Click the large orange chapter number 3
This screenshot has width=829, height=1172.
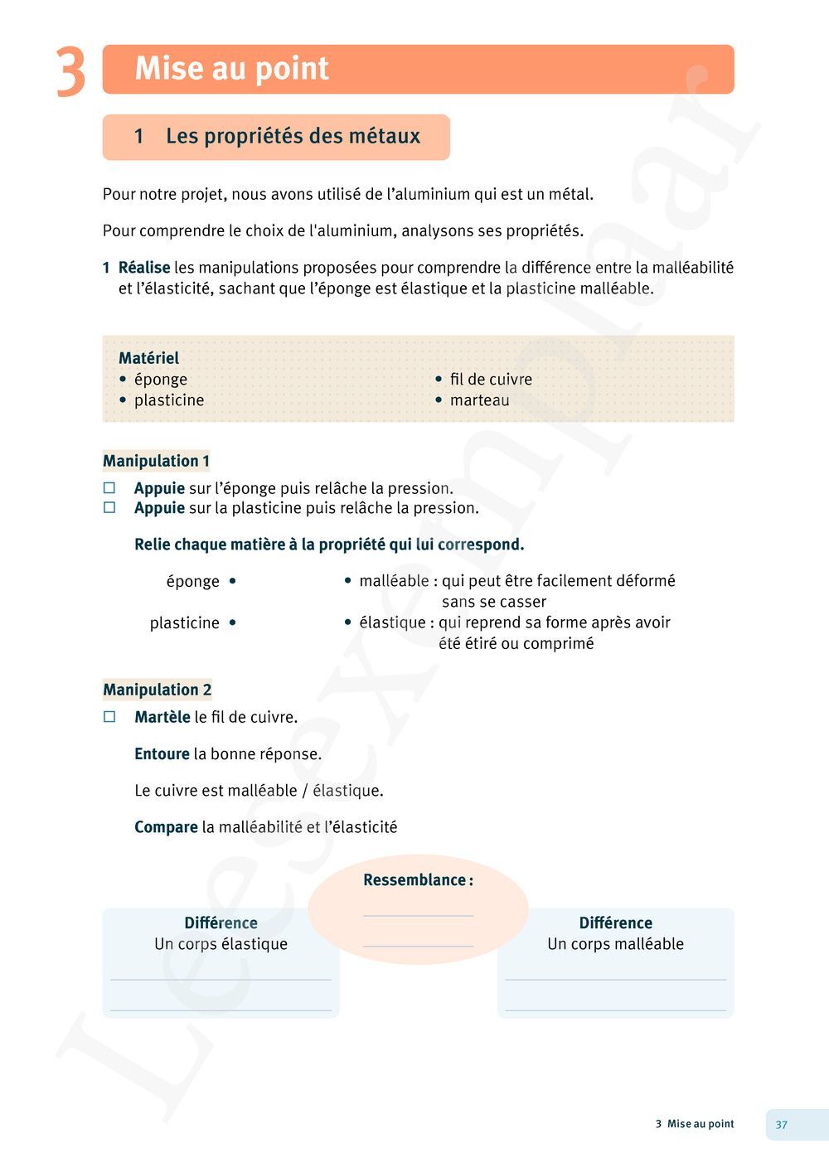70,73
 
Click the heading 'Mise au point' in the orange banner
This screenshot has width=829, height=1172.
231,68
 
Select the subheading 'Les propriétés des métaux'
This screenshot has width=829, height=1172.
293,136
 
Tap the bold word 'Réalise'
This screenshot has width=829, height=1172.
144,268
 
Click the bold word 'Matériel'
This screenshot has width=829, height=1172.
148,358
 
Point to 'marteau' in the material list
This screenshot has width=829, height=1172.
479,400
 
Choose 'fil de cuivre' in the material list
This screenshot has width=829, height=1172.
491,380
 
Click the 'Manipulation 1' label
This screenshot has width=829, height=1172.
156,461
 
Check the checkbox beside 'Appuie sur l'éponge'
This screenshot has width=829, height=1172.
109,488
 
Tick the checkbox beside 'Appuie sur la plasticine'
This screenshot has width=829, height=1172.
109,508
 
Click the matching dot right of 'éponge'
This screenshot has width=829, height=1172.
233,581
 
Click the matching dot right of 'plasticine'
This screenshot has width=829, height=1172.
233,622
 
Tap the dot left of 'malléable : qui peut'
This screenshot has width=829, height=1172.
348,581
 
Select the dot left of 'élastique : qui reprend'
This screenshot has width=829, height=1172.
348,622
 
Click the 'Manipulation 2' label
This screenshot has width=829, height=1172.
157,690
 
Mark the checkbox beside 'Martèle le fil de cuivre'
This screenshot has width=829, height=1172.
109,717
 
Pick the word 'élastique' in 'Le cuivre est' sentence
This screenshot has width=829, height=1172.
347,791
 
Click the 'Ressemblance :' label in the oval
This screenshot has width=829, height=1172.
418,880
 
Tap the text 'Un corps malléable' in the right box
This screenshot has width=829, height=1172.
615,944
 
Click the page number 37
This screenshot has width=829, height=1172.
782,1125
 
